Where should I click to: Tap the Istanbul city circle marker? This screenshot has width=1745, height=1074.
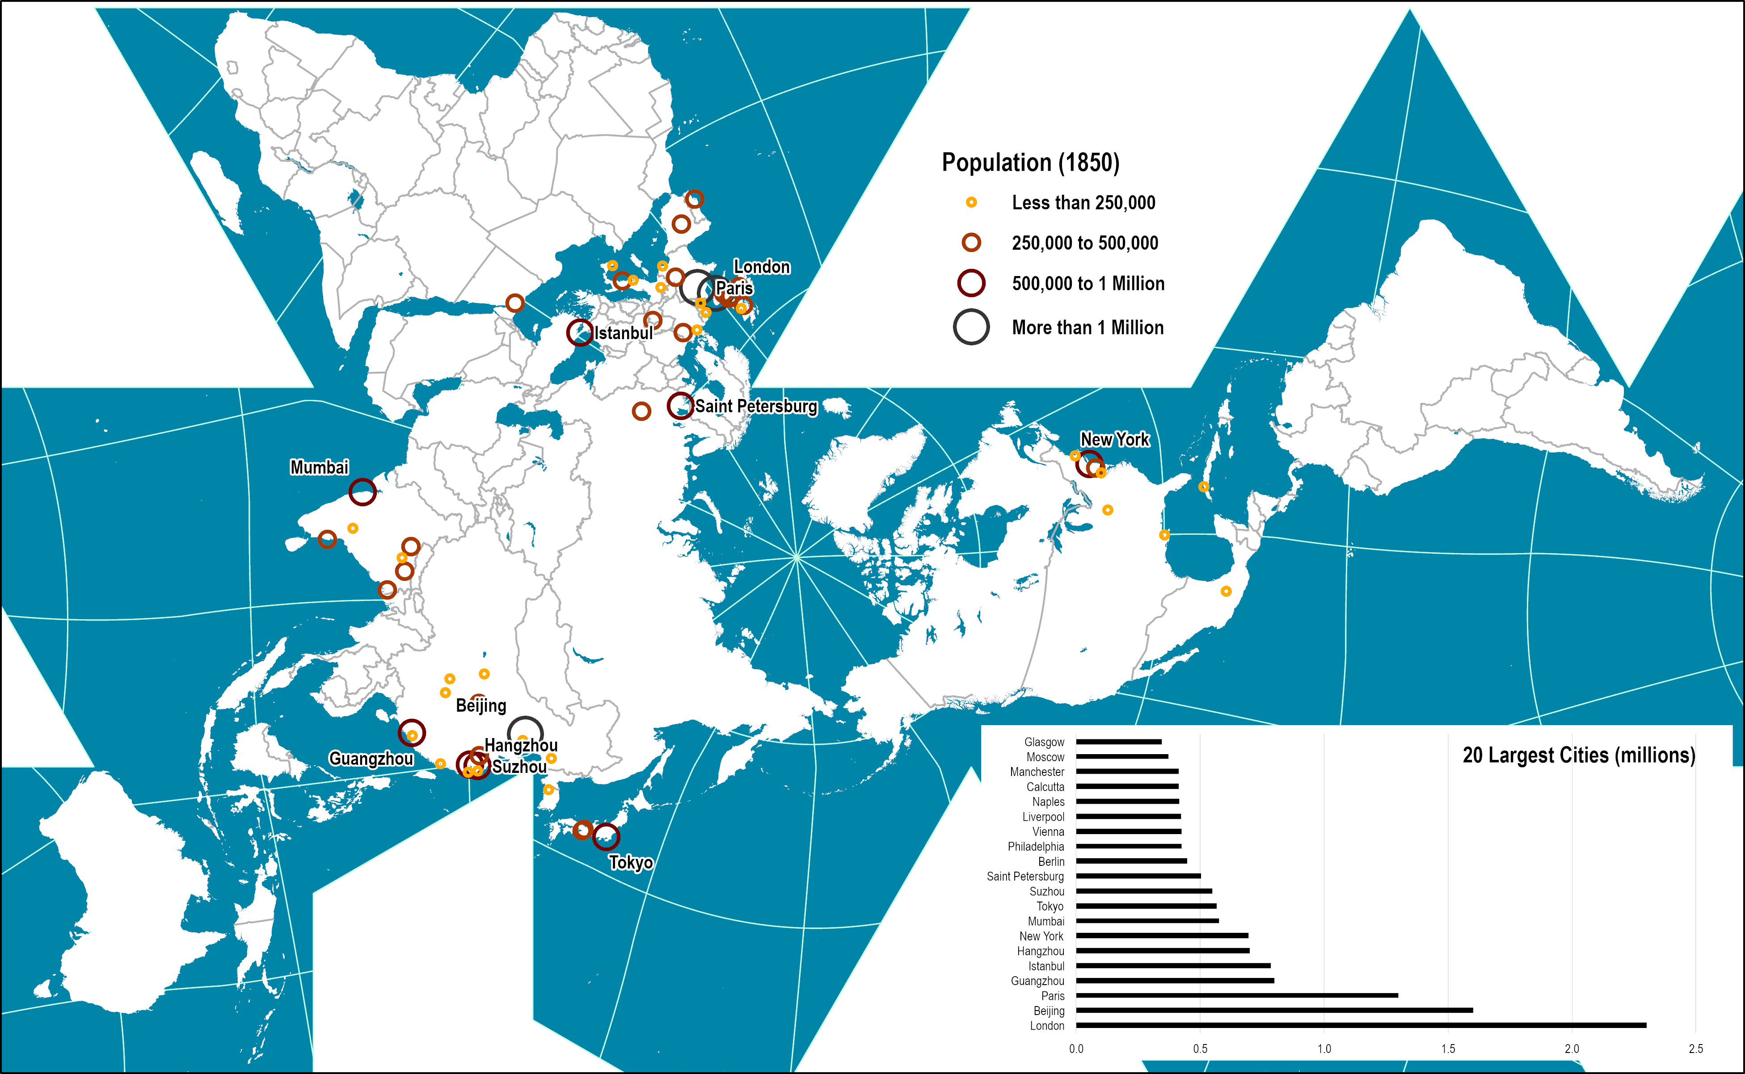click(580, 332)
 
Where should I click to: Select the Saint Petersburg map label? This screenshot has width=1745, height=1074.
click(756, 406)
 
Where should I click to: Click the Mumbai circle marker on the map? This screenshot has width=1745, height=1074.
click(362, 491)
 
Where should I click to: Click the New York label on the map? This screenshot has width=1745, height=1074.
click(1114, 440)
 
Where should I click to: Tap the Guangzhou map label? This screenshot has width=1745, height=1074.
click(371, 759)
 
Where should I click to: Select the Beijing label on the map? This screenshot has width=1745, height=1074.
click(481, 705)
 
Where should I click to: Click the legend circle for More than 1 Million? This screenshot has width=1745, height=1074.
click(970, 327)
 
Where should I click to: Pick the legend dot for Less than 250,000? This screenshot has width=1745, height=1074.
click(970, 202)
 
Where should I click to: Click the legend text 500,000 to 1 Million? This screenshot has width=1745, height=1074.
click(1088, 283)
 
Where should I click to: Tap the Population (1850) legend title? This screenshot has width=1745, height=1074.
click(1030, 163)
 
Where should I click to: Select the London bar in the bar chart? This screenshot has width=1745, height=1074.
click(1361, 1025)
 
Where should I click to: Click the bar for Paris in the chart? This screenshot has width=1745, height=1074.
click(1236, 995)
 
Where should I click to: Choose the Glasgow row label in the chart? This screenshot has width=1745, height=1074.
click(1044, 742)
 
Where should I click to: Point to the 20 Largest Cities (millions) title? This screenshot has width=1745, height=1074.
click(1578, 755)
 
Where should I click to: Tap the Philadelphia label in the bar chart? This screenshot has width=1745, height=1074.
click(1035, 846)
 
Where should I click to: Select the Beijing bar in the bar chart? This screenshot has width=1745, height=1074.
click(1274, 1010)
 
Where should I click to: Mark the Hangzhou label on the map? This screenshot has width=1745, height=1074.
click(521, 745)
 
